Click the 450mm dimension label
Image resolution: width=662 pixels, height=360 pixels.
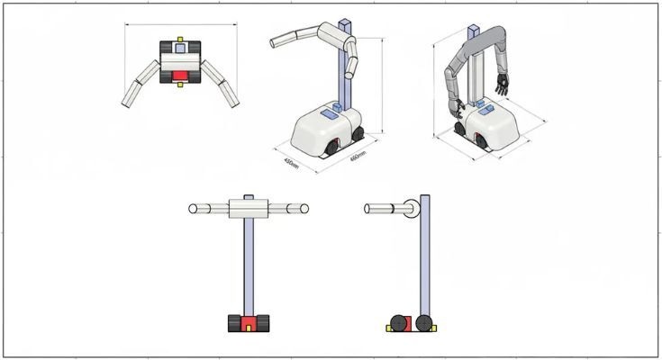coord(290,163)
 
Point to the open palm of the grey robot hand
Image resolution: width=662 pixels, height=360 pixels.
coord(503,86)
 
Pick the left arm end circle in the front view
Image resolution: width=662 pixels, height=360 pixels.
coord(193,209)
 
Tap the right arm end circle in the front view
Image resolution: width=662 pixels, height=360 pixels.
coord(304,209)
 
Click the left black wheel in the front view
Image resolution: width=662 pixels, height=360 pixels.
coord(232,323)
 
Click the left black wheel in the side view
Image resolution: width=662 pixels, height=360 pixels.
coord(397,323)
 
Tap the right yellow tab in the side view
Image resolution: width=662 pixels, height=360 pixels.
coord(438,328)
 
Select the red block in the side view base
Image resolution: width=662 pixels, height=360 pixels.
coord(411,323)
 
